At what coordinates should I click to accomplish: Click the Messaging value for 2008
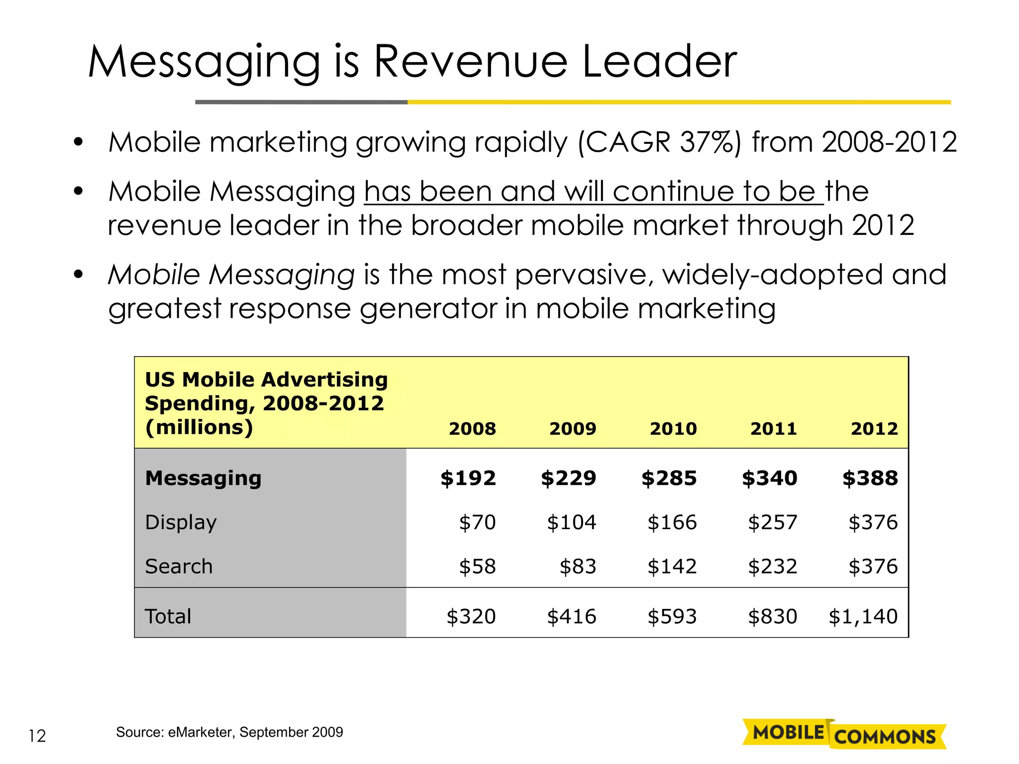tap(468, 478)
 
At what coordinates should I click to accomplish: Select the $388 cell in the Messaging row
tap(870, 478)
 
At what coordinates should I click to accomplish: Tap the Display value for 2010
tap(672, 522)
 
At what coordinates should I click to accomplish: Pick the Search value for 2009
tap(578, 567)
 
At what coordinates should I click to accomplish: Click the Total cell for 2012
tap(863, 617)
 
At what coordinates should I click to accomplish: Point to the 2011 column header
tap(773, 429)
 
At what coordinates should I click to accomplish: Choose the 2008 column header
tap(472, 429)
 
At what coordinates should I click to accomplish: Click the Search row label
tap(179, 567)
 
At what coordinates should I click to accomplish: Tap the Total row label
tap(168, 617)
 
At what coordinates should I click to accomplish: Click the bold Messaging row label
tap(203, 478)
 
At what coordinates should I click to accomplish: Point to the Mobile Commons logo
tap(844, 734)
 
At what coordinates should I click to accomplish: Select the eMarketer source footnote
tap(229, 732)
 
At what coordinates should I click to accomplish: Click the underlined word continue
tap(673, 191)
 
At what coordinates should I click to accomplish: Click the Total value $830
tap(772, 617)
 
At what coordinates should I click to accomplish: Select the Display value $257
tap(772, 522)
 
